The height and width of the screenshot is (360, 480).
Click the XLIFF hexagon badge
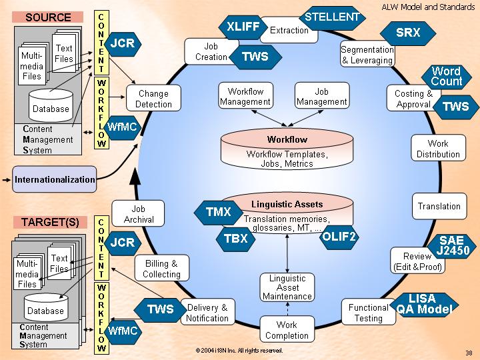243,27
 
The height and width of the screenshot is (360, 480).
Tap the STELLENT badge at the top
331,16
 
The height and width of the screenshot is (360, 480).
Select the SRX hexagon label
408,33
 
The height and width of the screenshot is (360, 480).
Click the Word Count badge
446,77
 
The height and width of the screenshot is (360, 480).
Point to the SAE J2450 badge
454,246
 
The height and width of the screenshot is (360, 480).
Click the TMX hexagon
218,213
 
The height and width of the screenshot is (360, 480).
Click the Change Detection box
153,99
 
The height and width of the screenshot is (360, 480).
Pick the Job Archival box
139,214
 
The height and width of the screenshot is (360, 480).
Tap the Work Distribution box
438,149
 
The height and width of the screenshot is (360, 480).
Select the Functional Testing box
368,313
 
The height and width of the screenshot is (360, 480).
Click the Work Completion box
287,330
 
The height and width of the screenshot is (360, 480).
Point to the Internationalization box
55,179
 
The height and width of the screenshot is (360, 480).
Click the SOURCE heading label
48,17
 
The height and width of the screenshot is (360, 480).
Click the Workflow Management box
245,97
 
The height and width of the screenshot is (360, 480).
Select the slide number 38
469,353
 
